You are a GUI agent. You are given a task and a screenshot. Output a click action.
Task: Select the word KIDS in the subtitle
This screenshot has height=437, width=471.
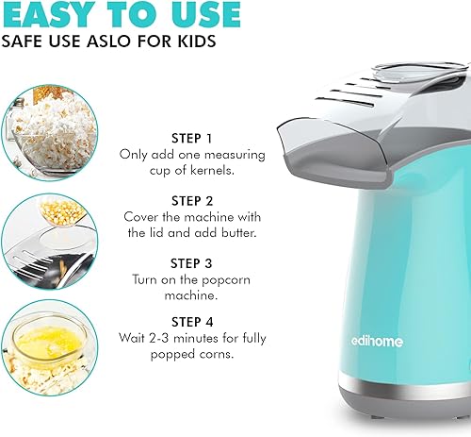click(x=197, y=42)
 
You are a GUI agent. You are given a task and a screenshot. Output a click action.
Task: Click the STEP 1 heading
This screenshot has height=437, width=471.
click(x=192, y=139)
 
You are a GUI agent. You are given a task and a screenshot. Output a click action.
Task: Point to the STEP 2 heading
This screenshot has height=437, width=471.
click(x=192, y=201)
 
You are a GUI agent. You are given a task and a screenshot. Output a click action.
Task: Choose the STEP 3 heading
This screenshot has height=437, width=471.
click(x=191, y=263)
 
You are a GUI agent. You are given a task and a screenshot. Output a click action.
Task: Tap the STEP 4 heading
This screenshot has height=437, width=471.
click(x=192, y=322)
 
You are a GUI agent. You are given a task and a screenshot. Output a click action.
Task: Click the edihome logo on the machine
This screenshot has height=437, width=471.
click(x=377, y=342)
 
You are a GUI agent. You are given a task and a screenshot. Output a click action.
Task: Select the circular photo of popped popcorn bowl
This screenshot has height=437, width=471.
click(x=50, y=133)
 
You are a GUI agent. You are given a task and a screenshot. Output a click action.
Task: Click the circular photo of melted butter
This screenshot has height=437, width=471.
click(x=50, y=347)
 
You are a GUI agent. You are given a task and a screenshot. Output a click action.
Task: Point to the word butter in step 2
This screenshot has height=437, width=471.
click(x=239, y=233)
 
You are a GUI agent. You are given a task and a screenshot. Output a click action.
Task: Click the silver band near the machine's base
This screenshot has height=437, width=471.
click(x=405, y=384)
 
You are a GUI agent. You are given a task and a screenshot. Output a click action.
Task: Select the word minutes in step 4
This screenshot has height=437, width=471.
click(x=196, y=339)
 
